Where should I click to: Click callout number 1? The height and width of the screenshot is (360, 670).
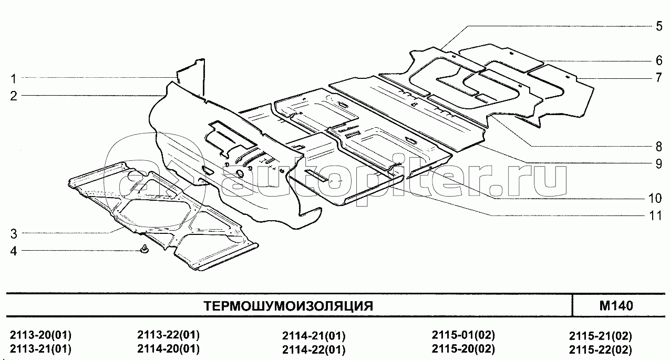pyautogui.click(x=13, y=79)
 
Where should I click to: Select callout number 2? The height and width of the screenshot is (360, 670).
pyautogui.click(x=14, y=96)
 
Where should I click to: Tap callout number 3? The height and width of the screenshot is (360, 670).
pyautogui.click(x=14, y=234)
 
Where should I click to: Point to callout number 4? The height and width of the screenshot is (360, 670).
pyautogui.click(x=14, y=251)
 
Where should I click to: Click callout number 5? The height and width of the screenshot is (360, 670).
pyautogui.click(x=659, y=26)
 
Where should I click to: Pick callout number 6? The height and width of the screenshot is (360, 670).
pyautogui.click(x=659, y=61)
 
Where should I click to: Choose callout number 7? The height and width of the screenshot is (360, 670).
pyautogui.click(x=659, y=78)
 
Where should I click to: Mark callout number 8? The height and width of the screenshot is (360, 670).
pyautogui.click(x=659, y=147)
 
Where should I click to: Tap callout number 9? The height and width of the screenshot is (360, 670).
pyautogui.click(x=659, y=164)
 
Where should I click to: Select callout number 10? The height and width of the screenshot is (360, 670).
pyautogui.click(x=655, y=199)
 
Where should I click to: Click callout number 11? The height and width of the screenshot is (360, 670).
pyautogui.click(x=655, y=216)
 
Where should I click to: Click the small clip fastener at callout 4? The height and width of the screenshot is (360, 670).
pyautogui.click(x=145, y=249)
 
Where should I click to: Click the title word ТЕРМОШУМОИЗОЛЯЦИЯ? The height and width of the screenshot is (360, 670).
pyautogui.click(x=288, y=306)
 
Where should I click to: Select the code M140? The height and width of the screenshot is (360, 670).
pyautogui.click(x=616, y=306)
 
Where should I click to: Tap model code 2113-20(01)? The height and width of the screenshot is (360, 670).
pyautogui.click(x=40, y=335)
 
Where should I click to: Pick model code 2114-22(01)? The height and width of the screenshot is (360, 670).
pyautogui.click(x=314, y=349)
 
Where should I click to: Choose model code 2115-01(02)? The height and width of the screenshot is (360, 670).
pyautogui.click(x=463, y=335)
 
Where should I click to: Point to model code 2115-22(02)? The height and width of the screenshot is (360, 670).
pyautogui.click(x=600, y=349)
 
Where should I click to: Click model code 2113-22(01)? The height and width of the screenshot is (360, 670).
pyautogui.click(x=168, y=335)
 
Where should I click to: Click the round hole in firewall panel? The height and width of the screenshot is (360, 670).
pyautogui.click(x=240, y=173)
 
